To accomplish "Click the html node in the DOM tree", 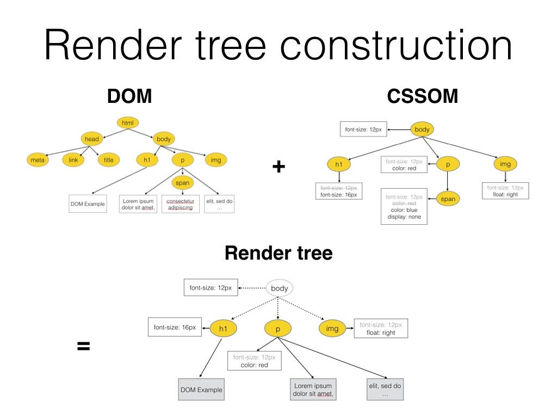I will click(x=128, y=123).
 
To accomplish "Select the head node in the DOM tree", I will click(x=92, y=139).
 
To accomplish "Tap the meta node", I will click(x=38, y=160).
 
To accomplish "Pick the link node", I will click(x=73, y=160).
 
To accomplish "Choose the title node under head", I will click(x=109, y=160).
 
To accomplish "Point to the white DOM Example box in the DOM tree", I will click(x=88, y=204).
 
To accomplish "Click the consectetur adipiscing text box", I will click(x=180, y=204).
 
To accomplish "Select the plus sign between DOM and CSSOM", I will click(x=278, y=167).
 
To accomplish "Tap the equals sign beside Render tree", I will click(x=83, y=346).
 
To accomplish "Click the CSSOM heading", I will click(x=422, y=96).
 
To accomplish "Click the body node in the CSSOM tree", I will click(x=422, y=130).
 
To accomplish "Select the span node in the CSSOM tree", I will click(x=448, y=199).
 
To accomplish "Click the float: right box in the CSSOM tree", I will click(x=505, y=190).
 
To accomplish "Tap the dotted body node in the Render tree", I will click(x=279, y=288).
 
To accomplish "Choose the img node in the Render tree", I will click(x=332, y=328).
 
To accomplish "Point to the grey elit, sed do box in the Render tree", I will click(x=385, y=390).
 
